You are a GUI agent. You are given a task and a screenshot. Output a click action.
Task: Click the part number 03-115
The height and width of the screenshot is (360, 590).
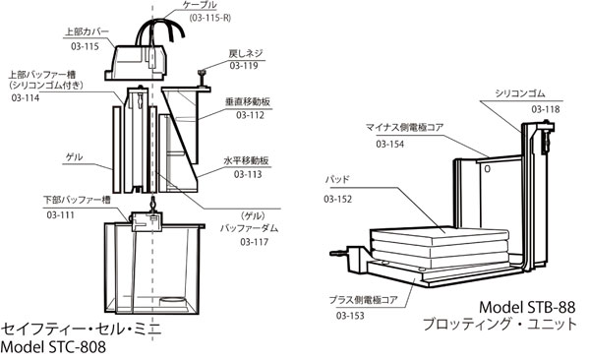85,46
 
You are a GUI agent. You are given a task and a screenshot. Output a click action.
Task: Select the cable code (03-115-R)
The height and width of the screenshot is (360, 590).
210,18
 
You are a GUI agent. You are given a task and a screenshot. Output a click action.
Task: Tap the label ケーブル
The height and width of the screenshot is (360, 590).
200,5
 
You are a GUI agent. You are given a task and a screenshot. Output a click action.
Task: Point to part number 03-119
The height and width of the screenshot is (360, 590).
244,66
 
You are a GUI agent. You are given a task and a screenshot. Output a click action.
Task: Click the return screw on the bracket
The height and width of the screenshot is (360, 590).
204,78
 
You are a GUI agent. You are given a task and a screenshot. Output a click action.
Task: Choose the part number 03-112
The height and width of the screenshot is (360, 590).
250,115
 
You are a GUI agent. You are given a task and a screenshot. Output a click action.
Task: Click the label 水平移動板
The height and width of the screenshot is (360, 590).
247,160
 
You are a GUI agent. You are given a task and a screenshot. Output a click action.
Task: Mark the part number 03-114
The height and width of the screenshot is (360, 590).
26,98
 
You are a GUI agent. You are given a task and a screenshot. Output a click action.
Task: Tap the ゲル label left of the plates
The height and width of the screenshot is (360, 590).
74,157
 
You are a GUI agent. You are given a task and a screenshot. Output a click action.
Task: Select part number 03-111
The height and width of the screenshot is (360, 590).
61,215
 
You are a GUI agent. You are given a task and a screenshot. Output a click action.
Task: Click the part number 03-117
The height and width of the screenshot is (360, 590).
255,241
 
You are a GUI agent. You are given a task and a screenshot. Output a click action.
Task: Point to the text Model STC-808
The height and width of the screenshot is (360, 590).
53,347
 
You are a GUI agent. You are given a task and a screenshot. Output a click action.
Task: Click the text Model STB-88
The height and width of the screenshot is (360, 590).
527,307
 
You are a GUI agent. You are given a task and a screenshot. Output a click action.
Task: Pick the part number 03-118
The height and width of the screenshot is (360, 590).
546,109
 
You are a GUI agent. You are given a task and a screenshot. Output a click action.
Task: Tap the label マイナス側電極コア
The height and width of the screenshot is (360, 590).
404,127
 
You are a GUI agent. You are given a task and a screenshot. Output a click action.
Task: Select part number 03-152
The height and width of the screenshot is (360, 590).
338,199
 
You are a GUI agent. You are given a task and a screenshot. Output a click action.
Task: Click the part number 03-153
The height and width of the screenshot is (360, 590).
350,316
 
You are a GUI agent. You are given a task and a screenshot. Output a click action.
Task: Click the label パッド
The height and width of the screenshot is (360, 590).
337,179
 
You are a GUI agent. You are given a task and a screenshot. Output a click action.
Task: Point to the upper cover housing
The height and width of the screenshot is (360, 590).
137,62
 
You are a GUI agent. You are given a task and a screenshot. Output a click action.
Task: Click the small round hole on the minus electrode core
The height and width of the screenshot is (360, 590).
488,169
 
